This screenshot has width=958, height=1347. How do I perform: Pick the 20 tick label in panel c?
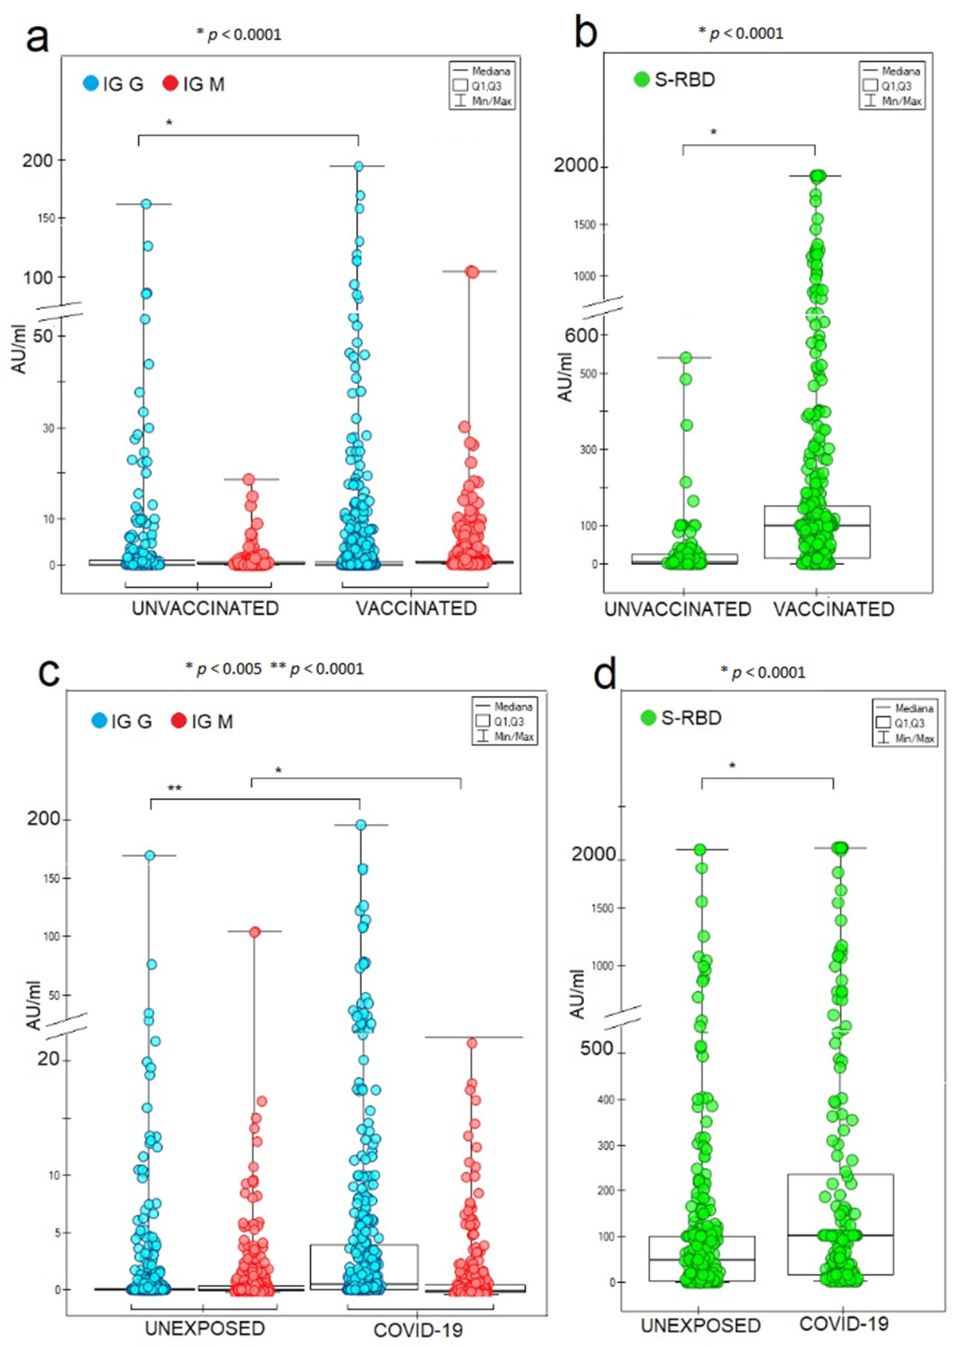pos(48,1059)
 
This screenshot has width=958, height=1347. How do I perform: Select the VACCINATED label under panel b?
pos(834,609)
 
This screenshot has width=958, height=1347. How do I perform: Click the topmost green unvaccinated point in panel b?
pos(685,357)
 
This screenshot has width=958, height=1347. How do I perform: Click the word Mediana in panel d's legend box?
pos(914,708)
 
